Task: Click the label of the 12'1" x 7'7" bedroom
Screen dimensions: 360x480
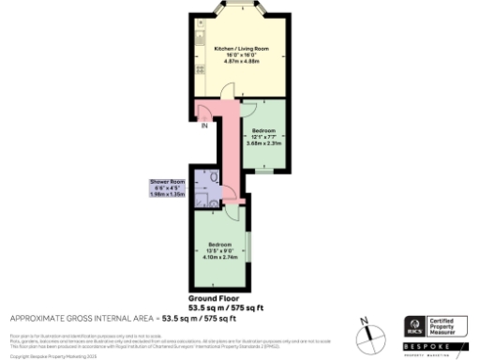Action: tap(263, 130)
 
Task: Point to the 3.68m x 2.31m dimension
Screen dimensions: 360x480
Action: tap(263, 142)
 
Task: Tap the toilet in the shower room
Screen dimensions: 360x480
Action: tap(215, 175)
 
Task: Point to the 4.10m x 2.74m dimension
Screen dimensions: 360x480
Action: tap(221, 257)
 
